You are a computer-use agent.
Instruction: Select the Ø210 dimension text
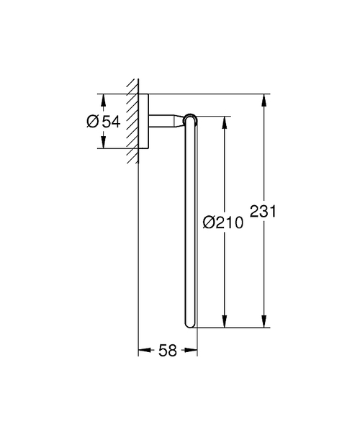click(223, 222)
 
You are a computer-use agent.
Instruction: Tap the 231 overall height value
click(264, 212)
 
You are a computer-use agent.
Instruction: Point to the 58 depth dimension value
click(167, 351)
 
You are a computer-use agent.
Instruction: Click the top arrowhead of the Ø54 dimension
click(103, 99)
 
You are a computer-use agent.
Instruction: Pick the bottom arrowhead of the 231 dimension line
click(264, 323)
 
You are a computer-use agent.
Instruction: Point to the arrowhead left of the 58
click(143, 351)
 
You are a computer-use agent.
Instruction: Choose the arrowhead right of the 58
click(192, 351)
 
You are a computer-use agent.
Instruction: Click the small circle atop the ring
click(191, 120)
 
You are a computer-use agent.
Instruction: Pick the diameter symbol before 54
click(91, 122)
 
